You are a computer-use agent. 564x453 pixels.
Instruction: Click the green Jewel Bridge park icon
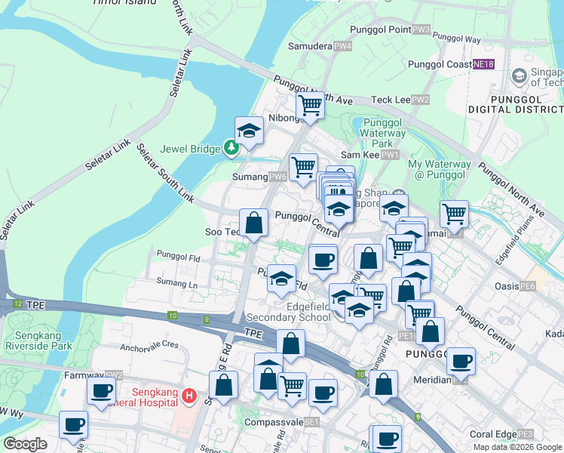click(232, 149)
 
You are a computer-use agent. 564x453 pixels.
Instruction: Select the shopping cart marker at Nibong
click(309, 106)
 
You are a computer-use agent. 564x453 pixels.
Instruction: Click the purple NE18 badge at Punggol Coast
click(483, 65)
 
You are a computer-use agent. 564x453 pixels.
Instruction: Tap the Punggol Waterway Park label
click(384, 133)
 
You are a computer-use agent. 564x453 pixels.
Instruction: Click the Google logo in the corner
click(25, 444)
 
